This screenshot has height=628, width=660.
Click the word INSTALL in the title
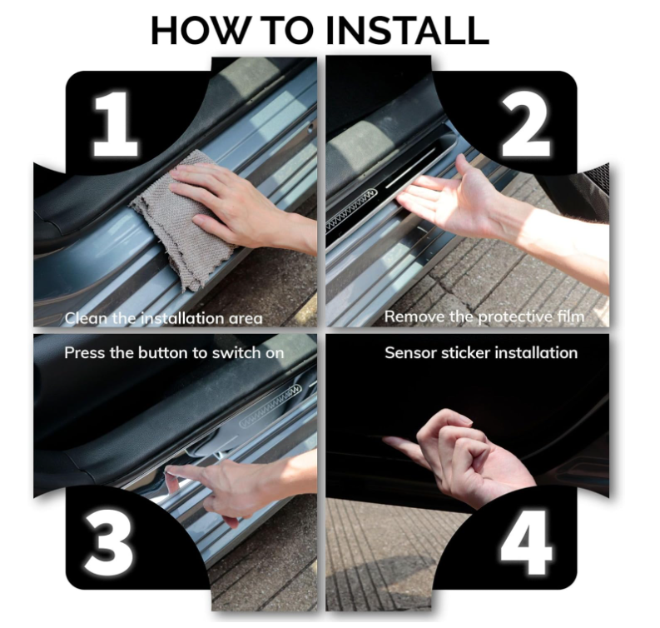pos(407,30)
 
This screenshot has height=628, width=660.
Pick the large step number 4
pos(526,541)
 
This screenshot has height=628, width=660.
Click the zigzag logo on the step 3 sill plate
pos(270,406)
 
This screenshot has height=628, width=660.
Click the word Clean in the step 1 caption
pos(87,318)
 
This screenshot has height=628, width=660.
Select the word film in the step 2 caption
pos(572,316)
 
